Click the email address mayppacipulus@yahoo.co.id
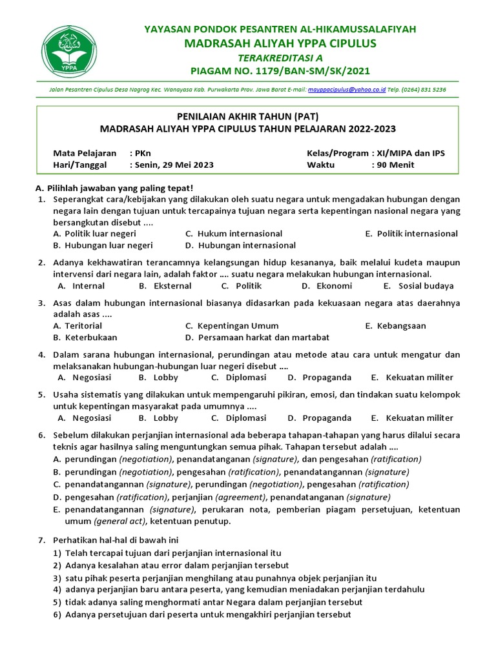click(x=347, y=90)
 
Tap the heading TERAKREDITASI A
click(x=280, y=57)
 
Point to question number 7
click(x=41, y=540)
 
